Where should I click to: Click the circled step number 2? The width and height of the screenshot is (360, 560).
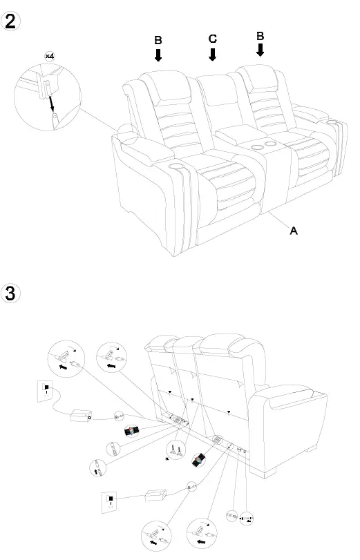[12, 20]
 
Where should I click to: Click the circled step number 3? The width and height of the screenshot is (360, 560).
[12, 292]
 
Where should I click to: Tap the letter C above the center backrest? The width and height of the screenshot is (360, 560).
[213, 39]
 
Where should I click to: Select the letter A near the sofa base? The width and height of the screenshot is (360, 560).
[293, 231]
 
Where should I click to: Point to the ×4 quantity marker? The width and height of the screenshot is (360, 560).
[50, 55]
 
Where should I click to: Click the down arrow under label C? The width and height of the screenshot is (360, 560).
[213, 55]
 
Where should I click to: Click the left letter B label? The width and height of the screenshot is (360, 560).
[158, 41]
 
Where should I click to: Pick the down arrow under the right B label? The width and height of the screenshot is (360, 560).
[260, 50]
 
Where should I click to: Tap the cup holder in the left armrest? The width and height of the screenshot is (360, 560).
[175, 166]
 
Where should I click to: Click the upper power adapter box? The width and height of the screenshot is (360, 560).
[82, 416]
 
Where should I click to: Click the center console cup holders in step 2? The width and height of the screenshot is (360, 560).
[259, 147]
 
